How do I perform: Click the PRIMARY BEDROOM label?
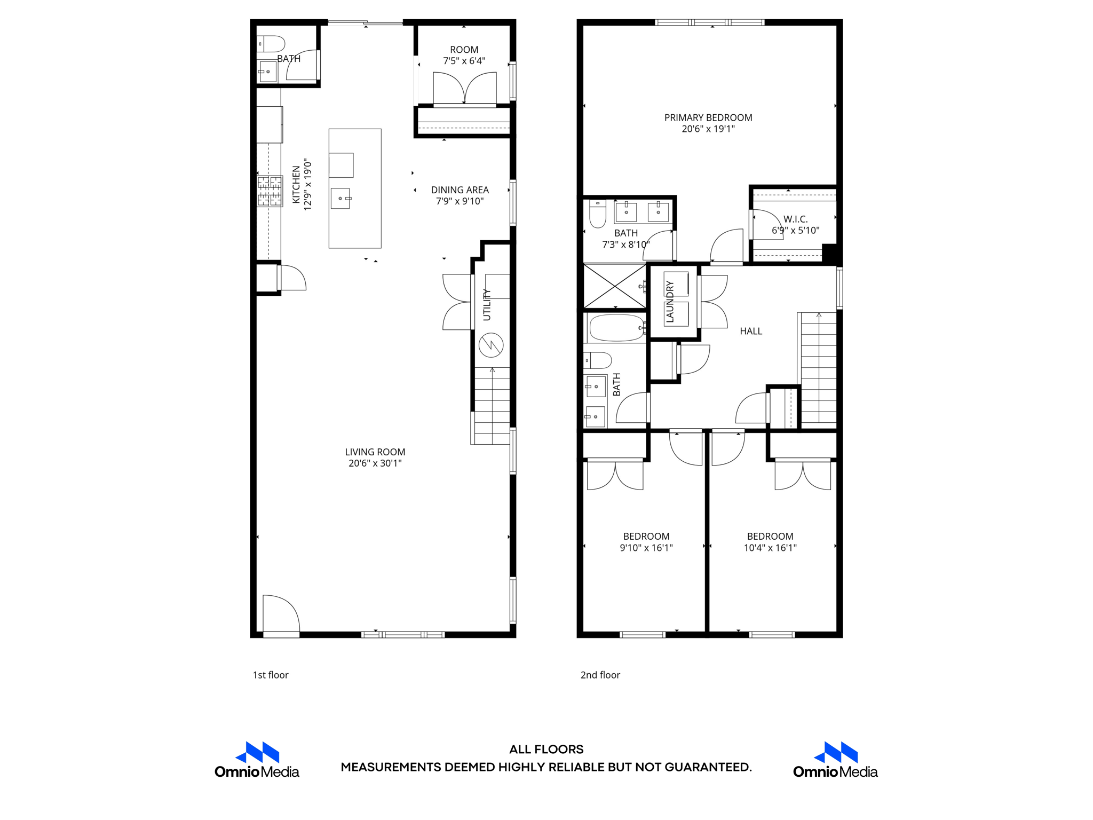pos(708,117)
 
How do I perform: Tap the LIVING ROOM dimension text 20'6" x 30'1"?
pos(375,463)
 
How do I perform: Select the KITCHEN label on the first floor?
pos(296,184)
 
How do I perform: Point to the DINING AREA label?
pos(460,190)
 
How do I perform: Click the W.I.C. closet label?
pos(796,219)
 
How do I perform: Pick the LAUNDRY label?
pos(670,302)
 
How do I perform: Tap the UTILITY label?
pos(487,305)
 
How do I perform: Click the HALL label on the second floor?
pos(751,332)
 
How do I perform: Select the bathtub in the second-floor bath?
pos(616,328)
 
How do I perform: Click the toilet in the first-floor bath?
pos(271,44)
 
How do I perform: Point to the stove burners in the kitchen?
pos(270,191)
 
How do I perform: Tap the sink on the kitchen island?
pos(340,199)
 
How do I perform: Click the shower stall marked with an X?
pos(615,286)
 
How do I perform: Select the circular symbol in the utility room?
pos(491,345)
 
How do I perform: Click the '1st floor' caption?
pos(271,675)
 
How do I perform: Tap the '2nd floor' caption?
pos(600,675)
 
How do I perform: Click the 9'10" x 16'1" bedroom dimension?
pos(646,548)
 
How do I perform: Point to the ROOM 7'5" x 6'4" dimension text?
pos(464,61)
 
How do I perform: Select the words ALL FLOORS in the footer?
pos(546,750)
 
